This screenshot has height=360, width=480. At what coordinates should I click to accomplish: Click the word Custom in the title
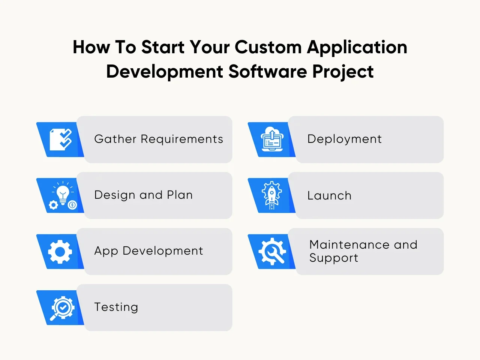(x=268, y=47)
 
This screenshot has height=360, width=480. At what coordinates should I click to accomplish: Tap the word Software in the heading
(x=268, y=72)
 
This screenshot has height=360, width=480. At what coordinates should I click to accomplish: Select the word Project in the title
(x=343, y=72)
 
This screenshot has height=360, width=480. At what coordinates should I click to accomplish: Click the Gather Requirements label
(x=159, y=139)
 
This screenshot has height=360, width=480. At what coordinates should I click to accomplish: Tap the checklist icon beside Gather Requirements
(x=61, y=139)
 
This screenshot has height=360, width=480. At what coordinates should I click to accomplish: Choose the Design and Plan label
(x=144, y=195)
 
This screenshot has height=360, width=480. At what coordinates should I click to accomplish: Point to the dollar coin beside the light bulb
(x=72, y=205)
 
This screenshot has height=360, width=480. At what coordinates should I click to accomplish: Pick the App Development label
(x=149, y=251)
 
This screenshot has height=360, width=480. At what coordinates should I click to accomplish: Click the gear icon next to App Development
(x=60, y=252)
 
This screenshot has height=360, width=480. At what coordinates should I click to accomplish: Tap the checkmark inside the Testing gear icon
(x=63, y=307)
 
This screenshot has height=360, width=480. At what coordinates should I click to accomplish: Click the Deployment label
(x=344, y=139)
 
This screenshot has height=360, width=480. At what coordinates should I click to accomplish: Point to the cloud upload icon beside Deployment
(x=272, y=139)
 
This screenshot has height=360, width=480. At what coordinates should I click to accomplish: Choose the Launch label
(x=329, y=196)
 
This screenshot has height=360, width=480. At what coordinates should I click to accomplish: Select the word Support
(x=334, y=258)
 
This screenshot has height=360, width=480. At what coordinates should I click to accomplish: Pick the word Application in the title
(x=357, y=48)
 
